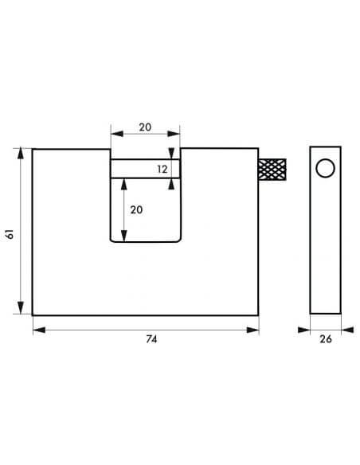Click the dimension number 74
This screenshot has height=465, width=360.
151,339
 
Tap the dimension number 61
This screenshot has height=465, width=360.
10,234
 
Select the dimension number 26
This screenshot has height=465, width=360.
325,339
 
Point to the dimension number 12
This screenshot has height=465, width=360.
162,169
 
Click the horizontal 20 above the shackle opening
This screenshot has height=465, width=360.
145,127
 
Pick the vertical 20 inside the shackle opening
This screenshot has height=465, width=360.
136,209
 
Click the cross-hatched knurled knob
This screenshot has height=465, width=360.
272,170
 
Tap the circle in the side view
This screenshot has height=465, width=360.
325,168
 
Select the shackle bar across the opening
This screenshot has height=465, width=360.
145,169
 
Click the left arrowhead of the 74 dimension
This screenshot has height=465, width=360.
39,330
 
